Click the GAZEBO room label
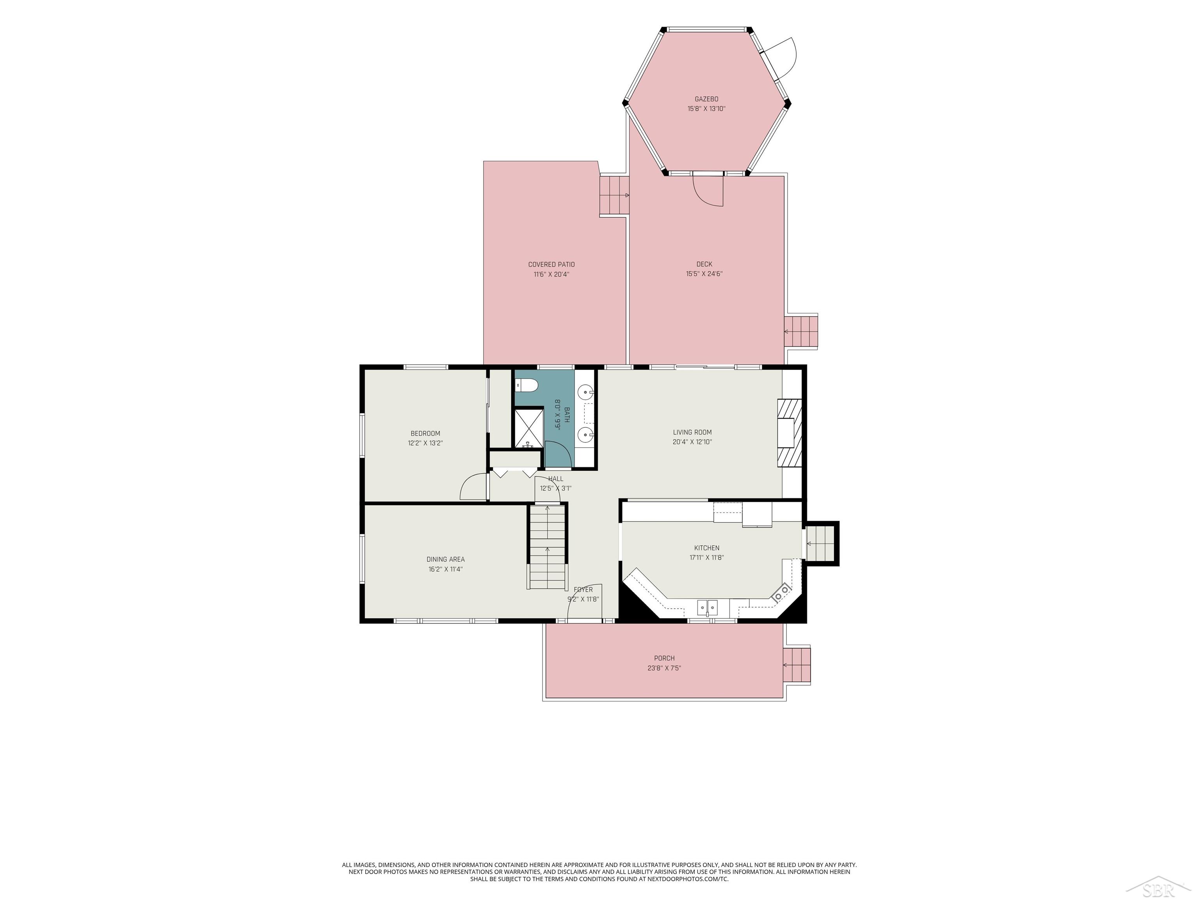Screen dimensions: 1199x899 706,99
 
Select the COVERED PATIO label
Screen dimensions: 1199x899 551,265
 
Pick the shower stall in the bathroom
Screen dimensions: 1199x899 528,429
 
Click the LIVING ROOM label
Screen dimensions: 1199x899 692,432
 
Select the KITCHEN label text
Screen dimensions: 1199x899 707,548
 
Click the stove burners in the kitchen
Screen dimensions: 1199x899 781,592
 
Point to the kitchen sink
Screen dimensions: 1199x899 707,608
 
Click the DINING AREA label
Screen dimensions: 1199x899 446,559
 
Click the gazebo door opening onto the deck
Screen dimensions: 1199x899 708,189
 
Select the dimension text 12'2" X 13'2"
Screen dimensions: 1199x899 425,443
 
